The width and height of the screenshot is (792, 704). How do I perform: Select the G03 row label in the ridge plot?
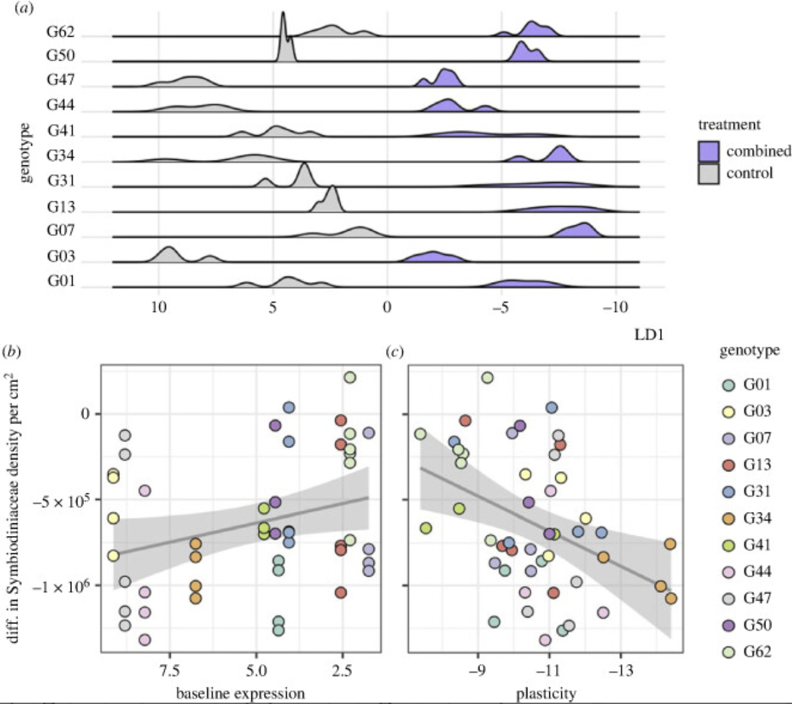click(60, 257)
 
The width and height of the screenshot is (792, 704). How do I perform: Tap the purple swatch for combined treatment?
click(709, 151)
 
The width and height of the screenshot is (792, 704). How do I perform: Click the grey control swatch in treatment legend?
click(709, 174)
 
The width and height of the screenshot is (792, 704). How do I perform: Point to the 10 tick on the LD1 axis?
click(158, 307)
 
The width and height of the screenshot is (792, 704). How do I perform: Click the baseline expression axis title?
click(240, 693)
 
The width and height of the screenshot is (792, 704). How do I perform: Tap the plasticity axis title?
click(546, 693)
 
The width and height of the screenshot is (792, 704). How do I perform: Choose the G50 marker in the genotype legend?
click(729, 625)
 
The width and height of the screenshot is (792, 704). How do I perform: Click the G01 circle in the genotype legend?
click(729, 384)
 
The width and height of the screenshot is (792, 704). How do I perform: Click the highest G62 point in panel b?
click(349, 377)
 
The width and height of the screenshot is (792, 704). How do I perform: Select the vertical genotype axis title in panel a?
click(25, 151)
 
